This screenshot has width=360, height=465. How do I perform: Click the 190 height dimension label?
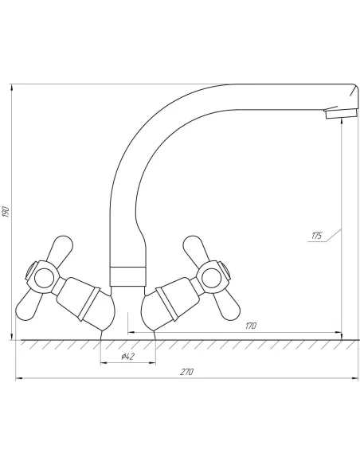pyautogui.click(x=6, y=212)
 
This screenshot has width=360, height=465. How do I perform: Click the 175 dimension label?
pyautogui.click(x=316, y=236)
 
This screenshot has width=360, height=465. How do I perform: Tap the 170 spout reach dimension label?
pyautogui.click(x=250, y=326)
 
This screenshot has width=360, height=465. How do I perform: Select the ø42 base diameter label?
pyautogui.click(x=127, y=356)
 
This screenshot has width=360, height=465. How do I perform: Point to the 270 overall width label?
pyautogui.click(x=187, y=372)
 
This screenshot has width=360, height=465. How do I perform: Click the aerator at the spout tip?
pyautogui.click(x=341, y=113)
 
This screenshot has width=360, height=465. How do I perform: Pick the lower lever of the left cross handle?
pyautogui.click(x=28, y=306)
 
